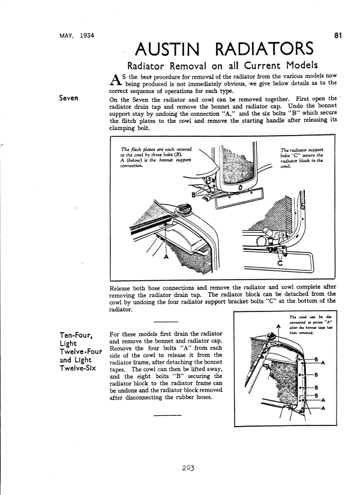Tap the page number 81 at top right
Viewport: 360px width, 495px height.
(338, 36)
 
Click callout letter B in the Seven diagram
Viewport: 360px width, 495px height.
(194, 194)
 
